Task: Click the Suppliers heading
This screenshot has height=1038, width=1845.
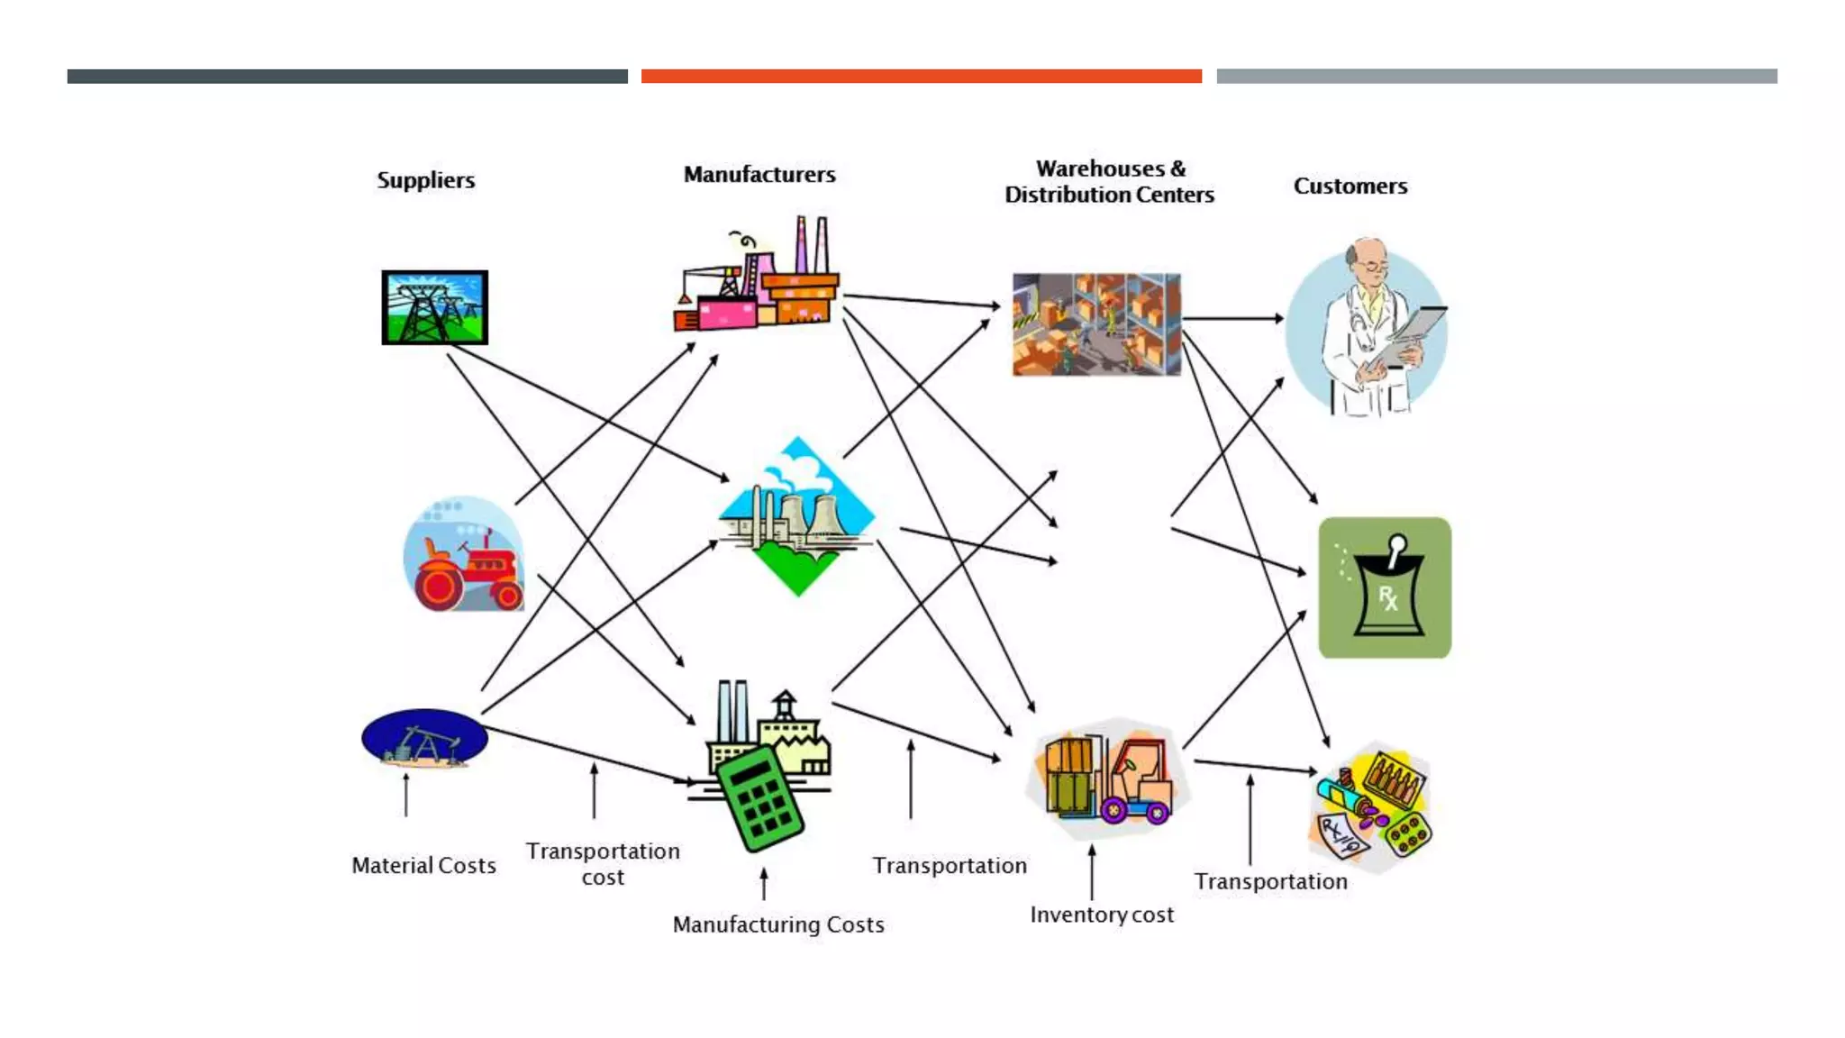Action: [x=425, y=180]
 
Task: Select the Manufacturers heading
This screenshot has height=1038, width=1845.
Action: [x=759, y=175]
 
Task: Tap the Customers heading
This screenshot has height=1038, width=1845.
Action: [x=1350, y=187]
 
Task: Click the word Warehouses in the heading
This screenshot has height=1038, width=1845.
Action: [x=1099, y=168]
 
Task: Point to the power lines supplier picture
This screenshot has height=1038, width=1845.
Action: [x=434, y=307]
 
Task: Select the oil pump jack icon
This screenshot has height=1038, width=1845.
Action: [x=424, y=739]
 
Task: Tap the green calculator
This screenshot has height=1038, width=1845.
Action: [x=760, y=798]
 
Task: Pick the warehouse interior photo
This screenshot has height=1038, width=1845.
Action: [x=1095, y=324]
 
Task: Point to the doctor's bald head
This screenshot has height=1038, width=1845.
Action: [x=1367, y=255]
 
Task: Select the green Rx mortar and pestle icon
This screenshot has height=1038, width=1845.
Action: [x=1384, y=587]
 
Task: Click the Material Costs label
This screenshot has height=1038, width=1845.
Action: [x=423, y=866]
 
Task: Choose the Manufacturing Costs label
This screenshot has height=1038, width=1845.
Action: [x=778, y=925]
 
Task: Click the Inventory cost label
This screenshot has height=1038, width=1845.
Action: [x=1101, y=915]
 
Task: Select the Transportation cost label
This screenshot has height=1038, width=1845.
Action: [x=603, y=864]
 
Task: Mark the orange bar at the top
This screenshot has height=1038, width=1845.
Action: [x=921, y=77]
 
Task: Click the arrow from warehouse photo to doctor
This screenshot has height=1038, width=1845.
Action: [x=1232, y=318]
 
